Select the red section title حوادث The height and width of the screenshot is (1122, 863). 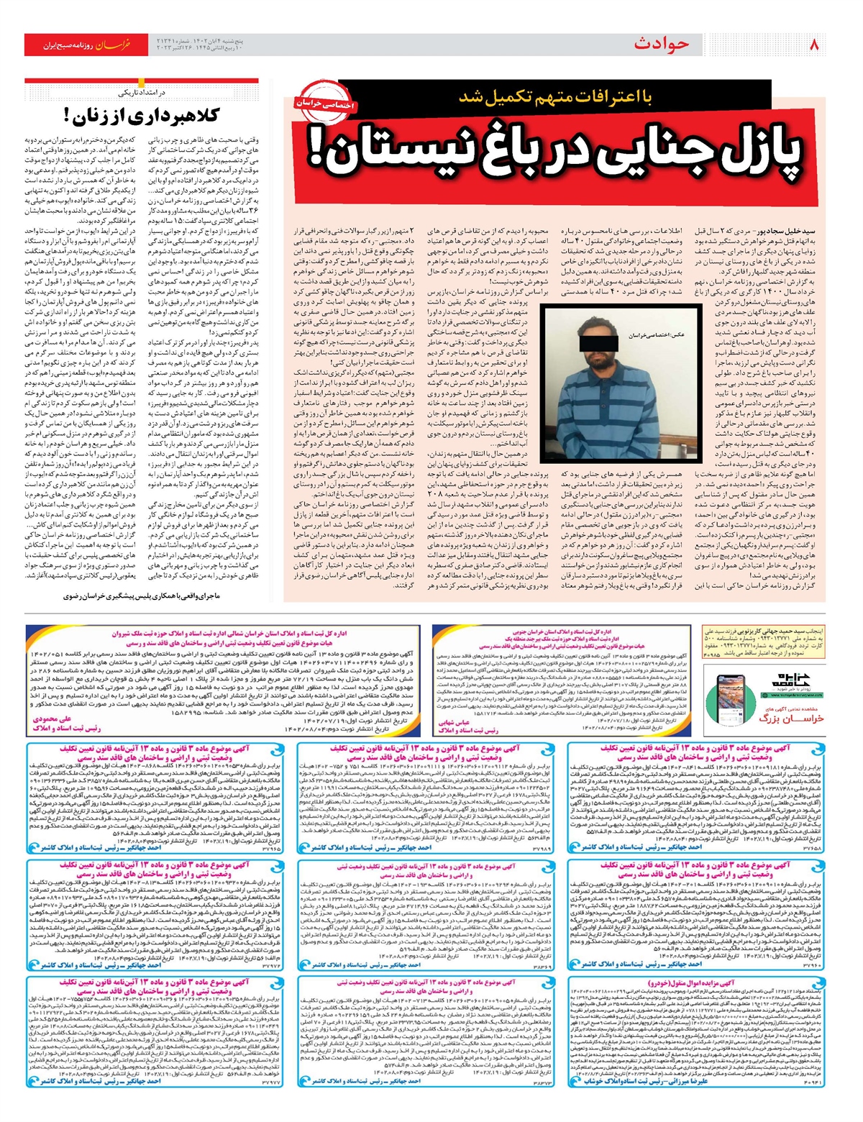click(661, 45)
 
